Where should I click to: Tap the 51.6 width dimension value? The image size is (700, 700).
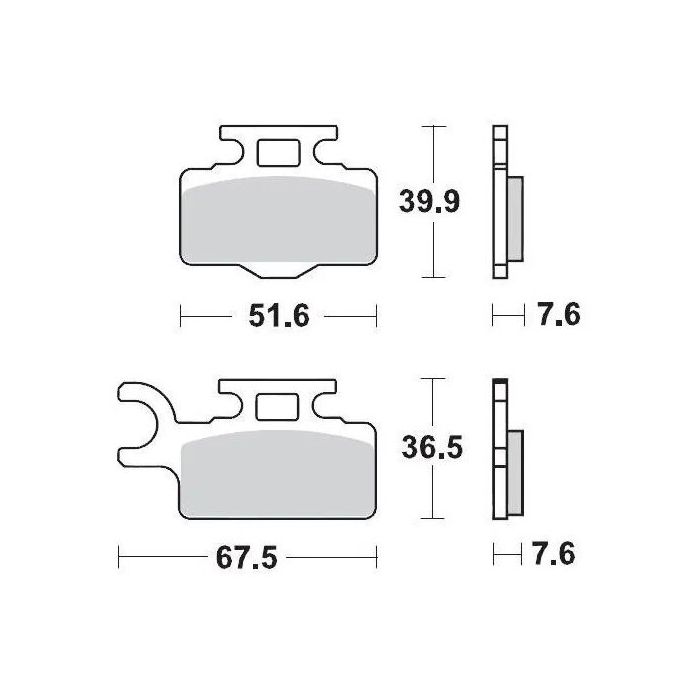click(x=277, y=317)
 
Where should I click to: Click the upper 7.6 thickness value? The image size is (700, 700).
click(x=556, y=317)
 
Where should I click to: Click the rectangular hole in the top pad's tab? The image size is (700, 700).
click(x=277, y=154)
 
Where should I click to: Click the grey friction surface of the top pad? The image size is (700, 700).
click(x=277, y=225)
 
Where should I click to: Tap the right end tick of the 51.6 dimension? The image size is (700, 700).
click(x=375, y=317)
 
